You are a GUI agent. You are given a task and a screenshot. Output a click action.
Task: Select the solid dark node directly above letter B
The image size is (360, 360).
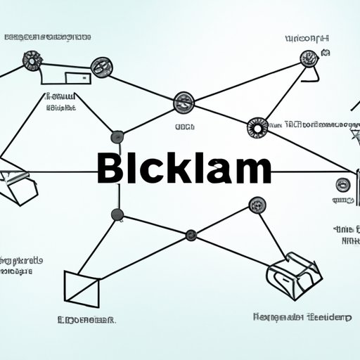point(117,136)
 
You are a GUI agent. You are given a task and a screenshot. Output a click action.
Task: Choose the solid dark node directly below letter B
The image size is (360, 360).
point(117,214)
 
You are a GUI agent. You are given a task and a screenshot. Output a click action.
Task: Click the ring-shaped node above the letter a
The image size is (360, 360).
point(256,127)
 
